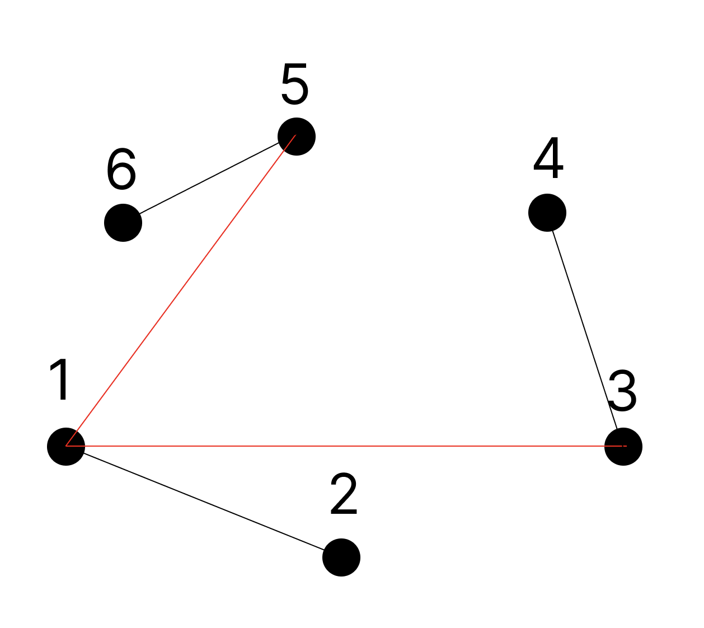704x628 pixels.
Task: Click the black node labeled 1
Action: (66, 447)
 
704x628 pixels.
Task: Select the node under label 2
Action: (341, 557)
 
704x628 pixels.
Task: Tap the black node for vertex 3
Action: (623, 447)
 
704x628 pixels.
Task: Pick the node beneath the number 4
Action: (547, 213)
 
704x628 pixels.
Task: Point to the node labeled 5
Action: (297, 137)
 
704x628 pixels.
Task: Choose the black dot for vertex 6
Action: (123, 223)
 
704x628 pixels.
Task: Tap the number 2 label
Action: (344, 494)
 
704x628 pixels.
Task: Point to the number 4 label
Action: (548, 158)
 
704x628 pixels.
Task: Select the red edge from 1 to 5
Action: (181, 291)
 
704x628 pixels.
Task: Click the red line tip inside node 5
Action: (295, 135)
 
